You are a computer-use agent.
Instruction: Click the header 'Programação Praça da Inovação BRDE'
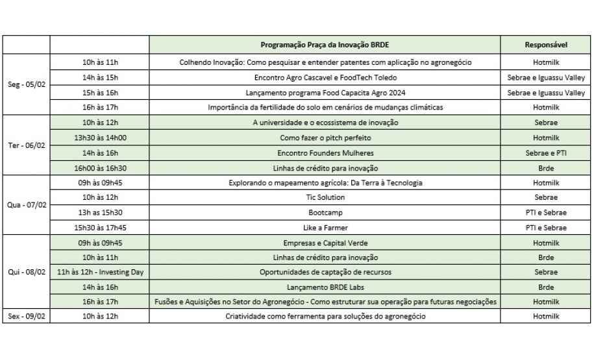325,45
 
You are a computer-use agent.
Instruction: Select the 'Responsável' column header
546,45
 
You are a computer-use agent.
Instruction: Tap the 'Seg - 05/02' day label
27,84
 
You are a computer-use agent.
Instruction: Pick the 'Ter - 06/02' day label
27,145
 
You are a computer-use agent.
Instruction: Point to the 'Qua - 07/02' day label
27,205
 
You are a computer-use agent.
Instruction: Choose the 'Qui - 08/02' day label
27,272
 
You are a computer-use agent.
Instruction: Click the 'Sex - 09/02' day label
27,316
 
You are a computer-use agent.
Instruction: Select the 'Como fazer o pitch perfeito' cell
325,138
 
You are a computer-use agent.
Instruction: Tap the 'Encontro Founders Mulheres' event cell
325,153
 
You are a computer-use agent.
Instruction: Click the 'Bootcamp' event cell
325,212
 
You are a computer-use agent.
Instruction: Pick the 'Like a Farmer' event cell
325,228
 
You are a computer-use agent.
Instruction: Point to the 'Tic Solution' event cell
325,197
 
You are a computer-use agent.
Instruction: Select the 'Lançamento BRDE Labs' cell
325,287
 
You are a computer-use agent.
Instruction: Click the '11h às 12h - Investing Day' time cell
100,272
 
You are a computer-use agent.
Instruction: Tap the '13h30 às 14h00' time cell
100,138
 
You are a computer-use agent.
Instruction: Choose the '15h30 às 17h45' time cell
100,228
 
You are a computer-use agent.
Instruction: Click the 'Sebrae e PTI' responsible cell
546,153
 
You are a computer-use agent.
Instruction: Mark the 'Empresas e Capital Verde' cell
325,243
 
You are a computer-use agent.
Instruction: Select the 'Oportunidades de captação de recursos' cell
325,272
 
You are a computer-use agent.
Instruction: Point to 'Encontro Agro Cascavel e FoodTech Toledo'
325,77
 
